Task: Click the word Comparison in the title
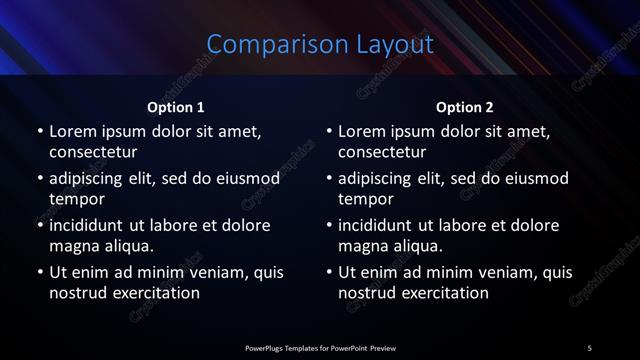point(264,45)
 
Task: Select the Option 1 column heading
point(176,107)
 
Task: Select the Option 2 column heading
point(465,107)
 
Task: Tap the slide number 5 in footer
point(589,348)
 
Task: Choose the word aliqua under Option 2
point(416,245)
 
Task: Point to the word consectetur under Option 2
point(382,152)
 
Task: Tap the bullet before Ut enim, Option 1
point(40,272)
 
